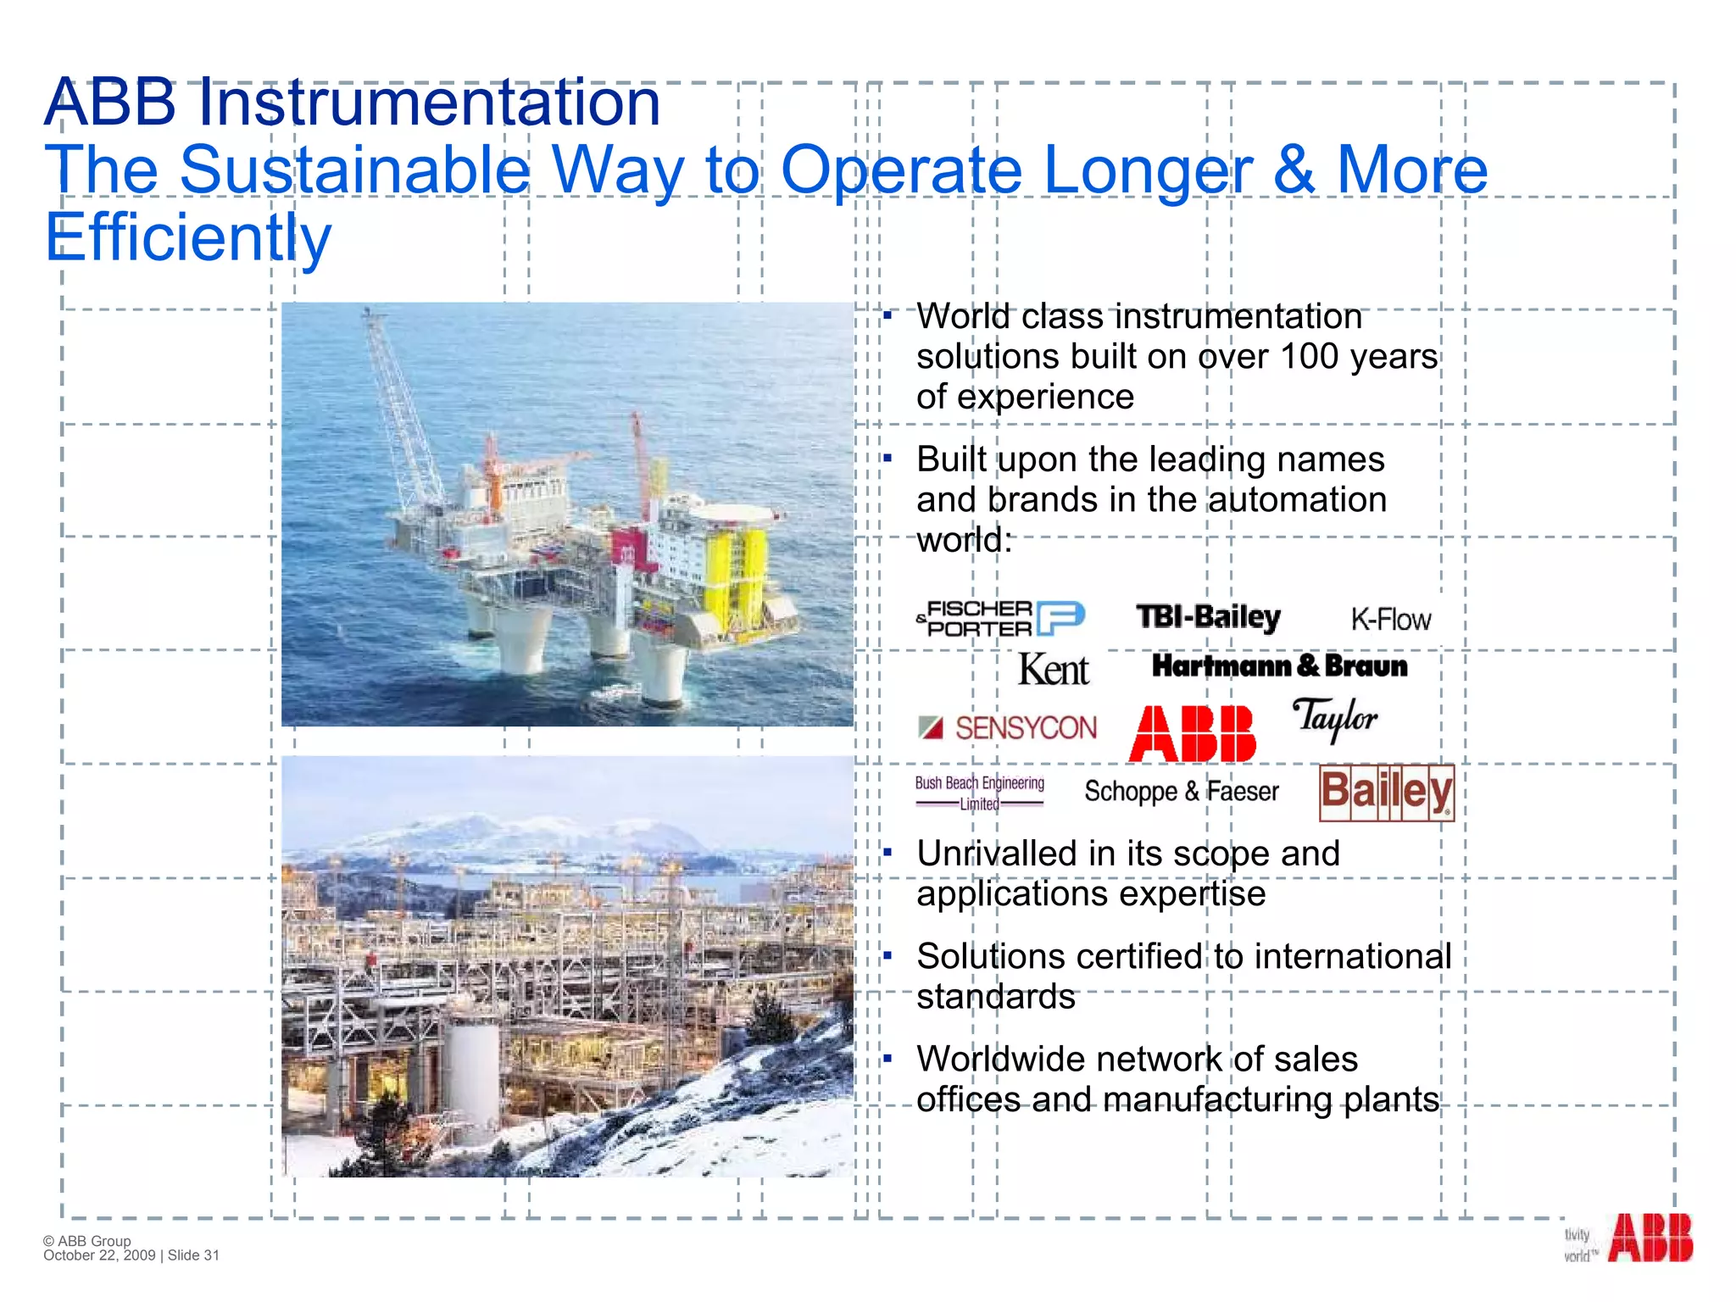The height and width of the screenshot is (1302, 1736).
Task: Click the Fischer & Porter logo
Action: [1000, 618]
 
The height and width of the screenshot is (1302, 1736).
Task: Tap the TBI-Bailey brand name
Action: [1208, 617]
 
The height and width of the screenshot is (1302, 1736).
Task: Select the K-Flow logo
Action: [1390, 620]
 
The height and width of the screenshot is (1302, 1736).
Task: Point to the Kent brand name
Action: [1053, 670]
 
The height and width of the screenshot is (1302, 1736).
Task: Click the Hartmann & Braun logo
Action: [1279, 666]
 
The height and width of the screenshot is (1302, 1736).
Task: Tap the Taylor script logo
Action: [1335, 720]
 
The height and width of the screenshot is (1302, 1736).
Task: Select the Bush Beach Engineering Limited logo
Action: [979, 793]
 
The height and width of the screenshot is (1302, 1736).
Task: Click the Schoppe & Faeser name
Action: [1182, 792]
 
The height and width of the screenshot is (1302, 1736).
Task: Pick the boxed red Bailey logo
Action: [1386, 793]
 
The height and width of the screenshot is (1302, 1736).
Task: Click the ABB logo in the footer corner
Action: [1650, 1238]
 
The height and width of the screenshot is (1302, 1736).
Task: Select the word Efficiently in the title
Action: [188, 237]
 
